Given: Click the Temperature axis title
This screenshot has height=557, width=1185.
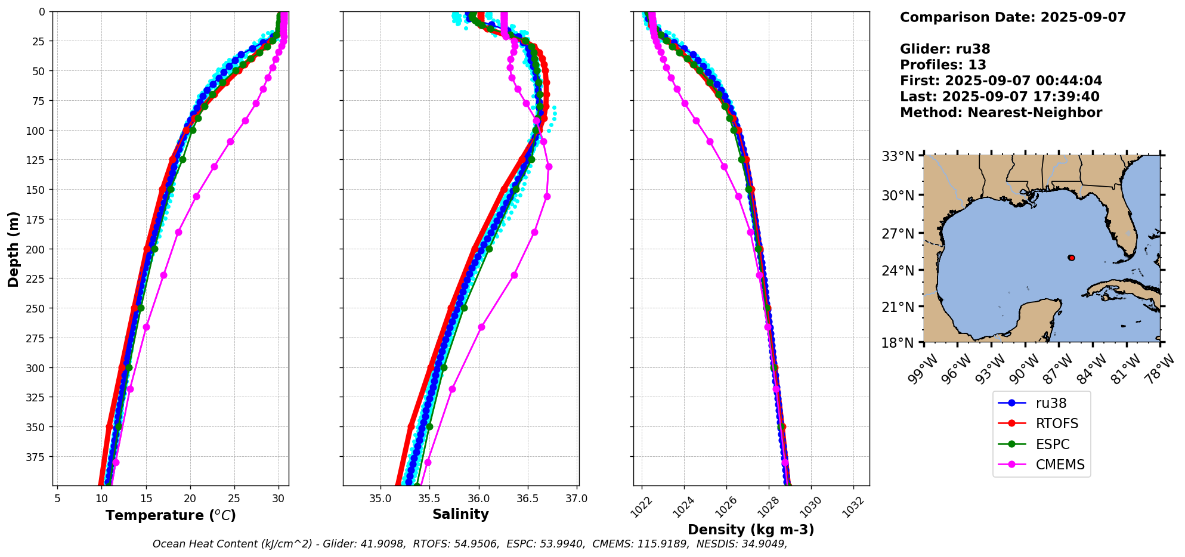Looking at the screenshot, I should [171, 515].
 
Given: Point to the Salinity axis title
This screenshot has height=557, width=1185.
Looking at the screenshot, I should [460, 515].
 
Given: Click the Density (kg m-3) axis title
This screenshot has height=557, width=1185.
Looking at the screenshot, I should [751, 530].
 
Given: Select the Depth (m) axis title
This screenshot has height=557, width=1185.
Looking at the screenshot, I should [13, 249].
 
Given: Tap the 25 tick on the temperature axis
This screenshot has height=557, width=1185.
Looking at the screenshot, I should [234, 499].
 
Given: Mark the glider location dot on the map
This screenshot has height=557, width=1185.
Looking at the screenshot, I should [1072, 258].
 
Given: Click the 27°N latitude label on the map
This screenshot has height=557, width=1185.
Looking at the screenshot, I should [898, 234].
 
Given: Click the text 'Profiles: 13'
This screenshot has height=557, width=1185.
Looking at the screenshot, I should [943, 65].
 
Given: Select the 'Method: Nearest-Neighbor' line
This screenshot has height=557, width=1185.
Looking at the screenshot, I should [1001, 113].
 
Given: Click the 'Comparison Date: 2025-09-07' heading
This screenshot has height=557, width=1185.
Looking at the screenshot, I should [1013, 17].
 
